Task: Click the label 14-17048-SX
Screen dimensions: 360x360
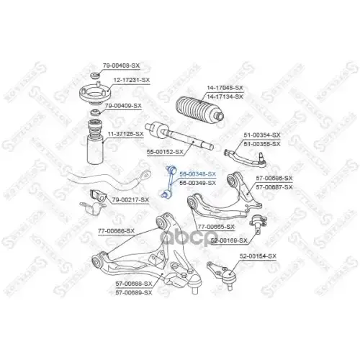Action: [x=225, y=87]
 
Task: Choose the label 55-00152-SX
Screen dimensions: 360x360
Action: [x=166, y=153]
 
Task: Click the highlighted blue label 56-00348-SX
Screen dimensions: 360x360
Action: [x=197, y=174]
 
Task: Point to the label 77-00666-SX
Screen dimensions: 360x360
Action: [x=116, y=231]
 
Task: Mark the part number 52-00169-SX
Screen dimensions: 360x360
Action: [x=229, y=240]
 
